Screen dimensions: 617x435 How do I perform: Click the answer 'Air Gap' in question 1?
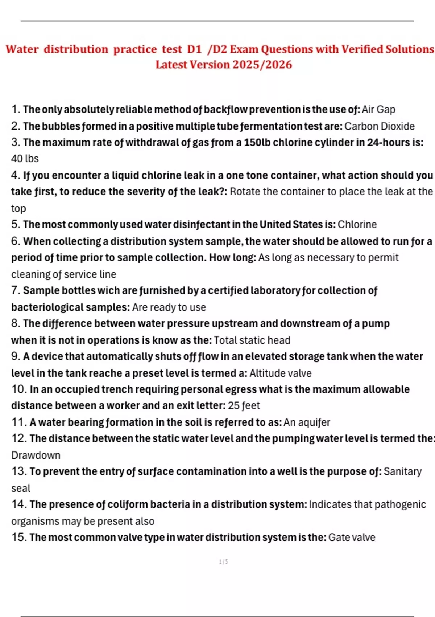click(378, 110)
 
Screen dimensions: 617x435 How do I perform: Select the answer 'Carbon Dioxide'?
click(379, 126)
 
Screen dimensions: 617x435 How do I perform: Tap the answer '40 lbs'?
click(25, 159)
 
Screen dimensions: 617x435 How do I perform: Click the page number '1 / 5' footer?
click(223, 562)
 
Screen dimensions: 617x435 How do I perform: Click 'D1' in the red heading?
click(194, 49)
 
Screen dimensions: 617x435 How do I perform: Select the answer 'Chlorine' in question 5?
click(357, 225)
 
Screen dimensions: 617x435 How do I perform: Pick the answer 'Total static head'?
click(252, 340)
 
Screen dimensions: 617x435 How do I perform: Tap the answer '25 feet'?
click(244, 406)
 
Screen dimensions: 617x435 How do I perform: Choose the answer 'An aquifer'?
click(307, 422)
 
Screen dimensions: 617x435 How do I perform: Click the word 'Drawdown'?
click(36, 455)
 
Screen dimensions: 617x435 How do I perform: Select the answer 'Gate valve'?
click(352, 538)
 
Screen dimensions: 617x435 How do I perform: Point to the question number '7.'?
click(16, 291)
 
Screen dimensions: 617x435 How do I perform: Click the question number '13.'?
click(19, 471)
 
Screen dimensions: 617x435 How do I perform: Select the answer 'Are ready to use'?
click(169, 307)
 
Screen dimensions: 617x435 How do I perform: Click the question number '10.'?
click(19, 389)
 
